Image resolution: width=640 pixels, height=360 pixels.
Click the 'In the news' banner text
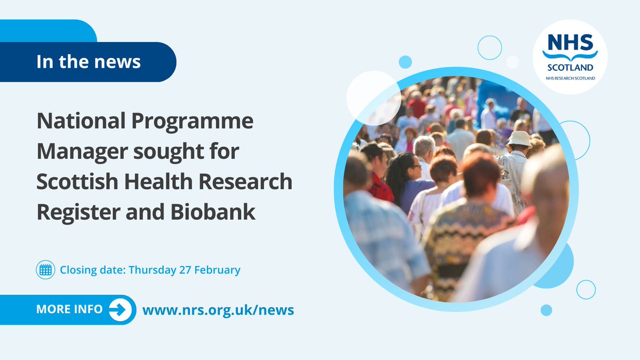click(x=89, y=62)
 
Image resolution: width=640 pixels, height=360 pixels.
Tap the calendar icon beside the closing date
click(x=45, y=270)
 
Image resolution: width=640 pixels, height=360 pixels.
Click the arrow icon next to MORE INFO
click(x=121, y=310)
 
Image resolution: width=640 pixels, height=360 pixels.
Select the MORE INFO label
click(x=69, y=310)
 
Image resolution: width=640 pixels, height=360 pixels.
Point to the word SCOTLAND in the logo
click(x=570, y=68)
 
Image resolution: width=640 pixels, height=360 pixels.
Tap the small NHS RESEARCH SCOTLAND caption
click(x=570, y=78)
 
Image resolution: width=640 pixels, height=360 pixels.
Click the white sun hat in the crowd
click(x=518, y=138)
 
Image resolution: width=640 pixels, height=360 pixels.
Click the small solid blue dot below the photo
click(x=546, y=310)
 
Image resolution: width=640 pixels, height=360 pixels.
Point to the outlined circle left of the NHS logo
click(x=489, y=47)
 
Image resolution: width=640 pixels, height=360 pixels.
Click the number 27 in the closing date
click(x=183, y=270)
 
